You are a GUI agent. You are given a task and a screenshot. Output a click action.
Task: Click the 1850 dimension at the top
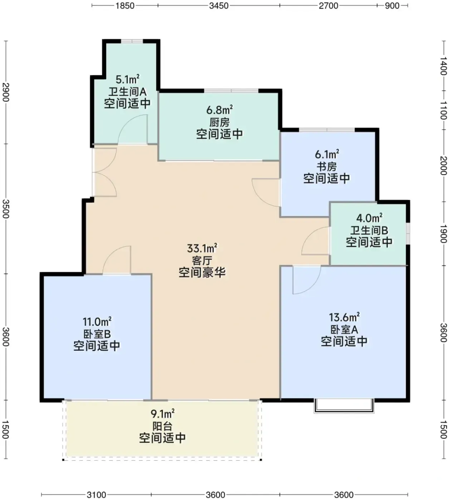click(125, 5)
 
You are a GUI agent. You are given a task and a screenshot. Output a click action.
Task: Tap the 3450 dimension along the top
click(219, 5)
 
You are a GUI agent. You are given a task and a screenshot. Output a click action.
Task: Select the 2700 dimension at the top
click(328, 5)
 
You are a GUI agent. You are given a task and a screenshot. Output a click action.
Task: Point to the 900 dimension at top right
click(392, 5)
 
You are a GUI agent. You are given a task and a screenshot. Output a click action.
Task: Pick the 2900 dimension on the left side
click(5, 92)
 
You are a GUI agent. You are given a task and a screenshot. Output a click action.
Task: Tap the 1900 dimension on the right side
click(444, 234)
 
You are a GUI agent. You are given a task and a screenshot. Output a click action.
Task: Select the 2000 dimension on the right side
click(444, 166)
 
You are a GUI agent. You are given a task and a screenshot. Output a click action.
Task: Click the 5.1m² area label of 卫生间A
click(128, 80)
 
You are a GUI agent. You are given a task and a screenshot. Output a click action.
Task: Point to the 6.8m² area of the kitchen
click(220, 110)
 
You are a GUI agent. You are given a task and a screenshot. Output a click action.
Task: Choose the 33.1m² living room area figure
click(202, 248)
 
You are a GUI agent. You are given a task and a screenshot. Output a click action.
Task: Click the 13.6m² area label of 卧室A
click(344, 317)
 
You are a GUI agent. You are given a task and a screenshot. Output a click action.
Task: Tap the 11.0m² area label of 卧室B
click(97, 322)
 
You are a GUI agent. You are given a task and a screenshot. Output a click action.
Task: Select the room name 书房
click(327, 167)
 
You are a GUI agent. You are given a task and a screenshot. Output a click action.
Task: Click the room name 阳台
click(162, 426)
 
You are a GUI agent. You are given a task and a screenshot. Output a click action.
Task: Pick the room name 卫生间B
click(369, 230)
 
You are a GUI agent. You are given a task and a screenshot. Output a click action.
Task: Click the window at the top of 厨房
click(231, 91)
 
